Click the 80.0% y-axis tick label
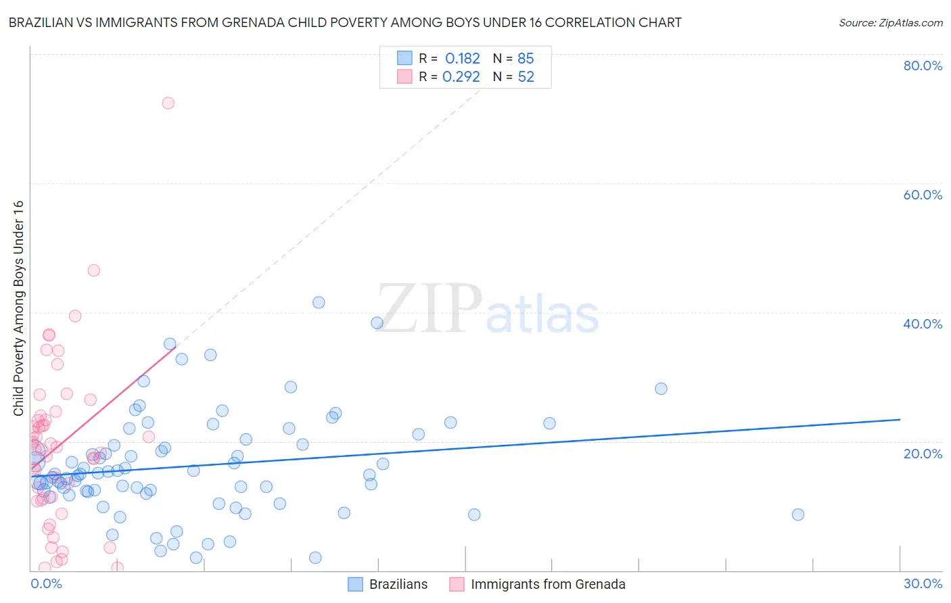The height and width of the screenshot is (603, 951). (x=923, y=66)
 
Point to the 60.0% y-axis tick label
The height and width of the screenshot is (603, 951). (x=923, y=195)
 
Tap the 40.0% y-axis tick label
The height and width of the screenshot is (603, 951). (x=923, y=324)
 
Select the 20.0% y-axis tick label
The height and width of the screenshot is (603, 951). (x=923, y=453)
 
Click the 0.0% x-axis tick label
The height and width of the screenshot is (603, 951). (x=46, y=583)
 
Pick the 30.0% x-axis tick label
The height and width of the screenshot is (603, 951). (x=923, y=583)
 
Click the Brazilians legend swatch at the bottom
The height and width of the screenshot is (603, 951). (x=355, y=584)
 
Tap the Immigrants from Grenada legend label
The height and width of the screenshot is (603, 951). (x=548, y=584)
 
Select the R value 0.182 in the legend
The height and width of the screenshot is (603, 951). (x=462, y=59)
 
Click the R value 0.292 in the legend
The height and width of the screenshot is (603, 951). (x=461, y=77)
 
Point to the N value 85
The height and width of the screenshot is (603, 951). (x=526, y=59)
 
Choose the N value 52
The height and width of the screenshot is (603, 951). (x=526, y=77)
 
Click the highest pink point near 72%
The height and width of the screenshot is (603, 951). (x=168, y=103)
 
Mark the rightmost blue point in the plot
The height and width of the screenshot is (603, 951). (x=798, y=514)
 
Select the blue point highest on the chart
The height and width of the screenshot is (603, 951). (x=319, y=302)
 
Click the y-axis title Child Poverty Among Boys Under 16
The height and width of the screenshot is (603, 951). (x=18, y=308)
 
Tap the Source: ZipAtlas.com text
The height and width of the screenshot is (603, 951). (x=890, y=23)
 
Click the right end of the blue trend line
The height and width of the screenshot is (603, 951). (x=900, y=419)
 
